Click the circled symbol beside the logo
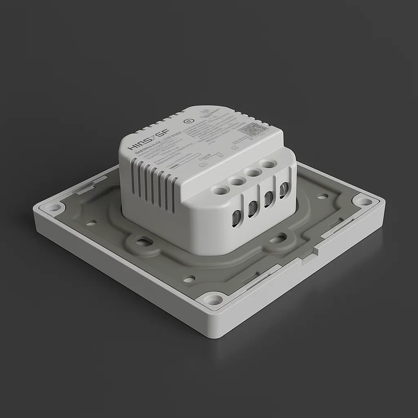pos(188,121)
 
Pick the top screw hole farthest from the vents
pos(268,165)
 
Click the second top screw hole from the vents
pos(237,180)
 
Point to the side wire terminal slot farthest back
pos(284,190)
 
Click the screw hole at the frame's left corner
pos(53,207)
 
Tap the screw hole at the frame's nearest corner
pos(213,300)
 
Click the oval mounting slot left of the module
pos(144,242)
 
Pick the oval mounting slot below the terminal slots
pos(278,238)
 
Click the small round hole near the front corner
pos(189,279)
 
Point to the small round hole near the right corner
pos(323,196)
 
